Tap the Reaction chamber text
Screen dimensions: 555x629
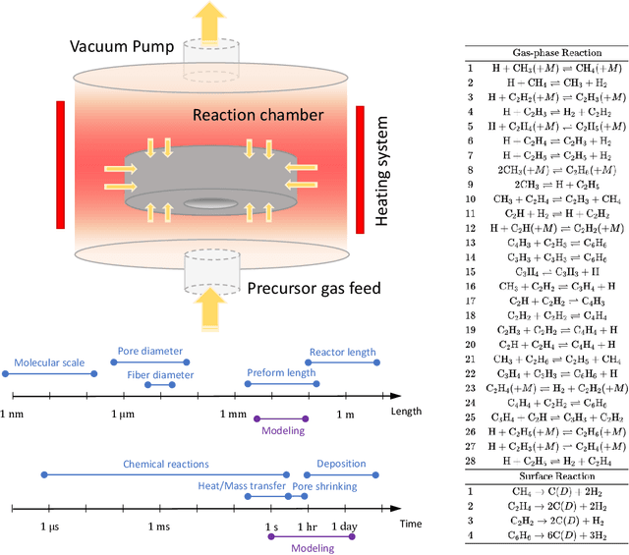click(x=257, y=115)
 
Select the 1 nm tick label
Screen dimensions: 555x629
click(x=16, y=416)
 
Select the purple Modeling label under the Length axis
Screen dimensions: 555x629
click(x=283, y=430)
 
